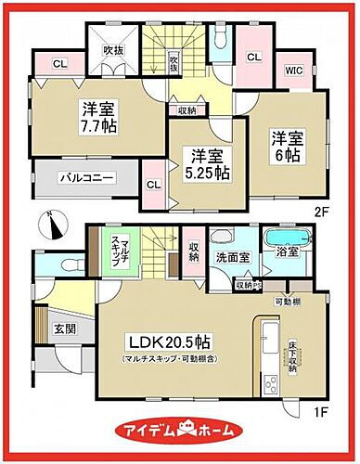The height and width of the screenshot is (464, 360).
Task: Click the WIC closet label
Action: pos(293,70)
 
